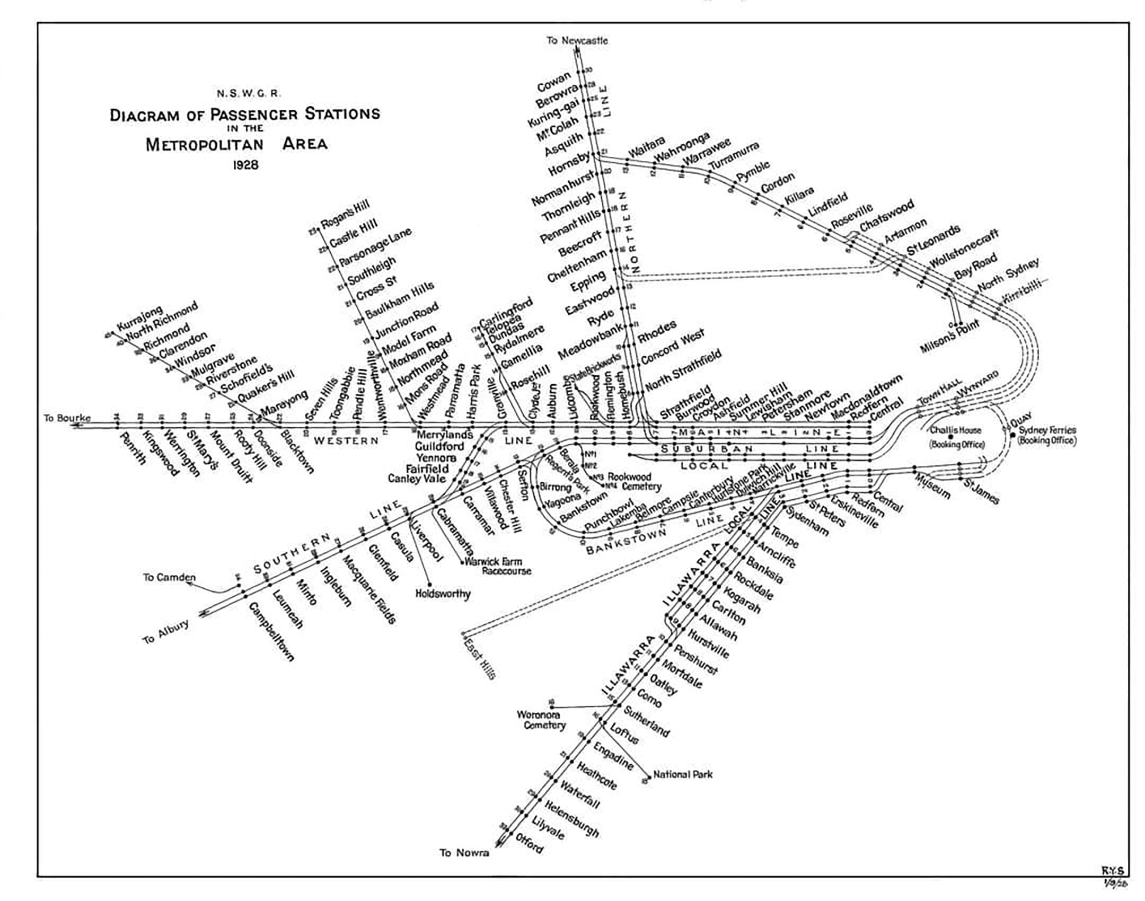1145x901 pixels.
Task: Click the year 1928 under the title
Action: point(245,165)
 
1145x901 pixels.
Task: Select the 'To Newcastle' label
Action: point(577,40)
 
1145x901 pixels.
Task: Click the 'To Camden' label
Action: point(169,577)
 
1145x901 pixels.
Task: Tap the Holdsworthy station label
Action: point(443,594)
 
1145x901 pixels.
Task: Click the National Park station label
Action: point(683,774)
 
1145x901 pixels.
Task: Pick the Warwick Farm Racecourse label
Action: point(498,566)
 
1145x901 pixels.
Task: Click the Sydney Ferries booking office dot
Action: point(1013,435)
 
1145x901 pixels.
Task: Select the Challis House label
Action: point(956,430)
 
